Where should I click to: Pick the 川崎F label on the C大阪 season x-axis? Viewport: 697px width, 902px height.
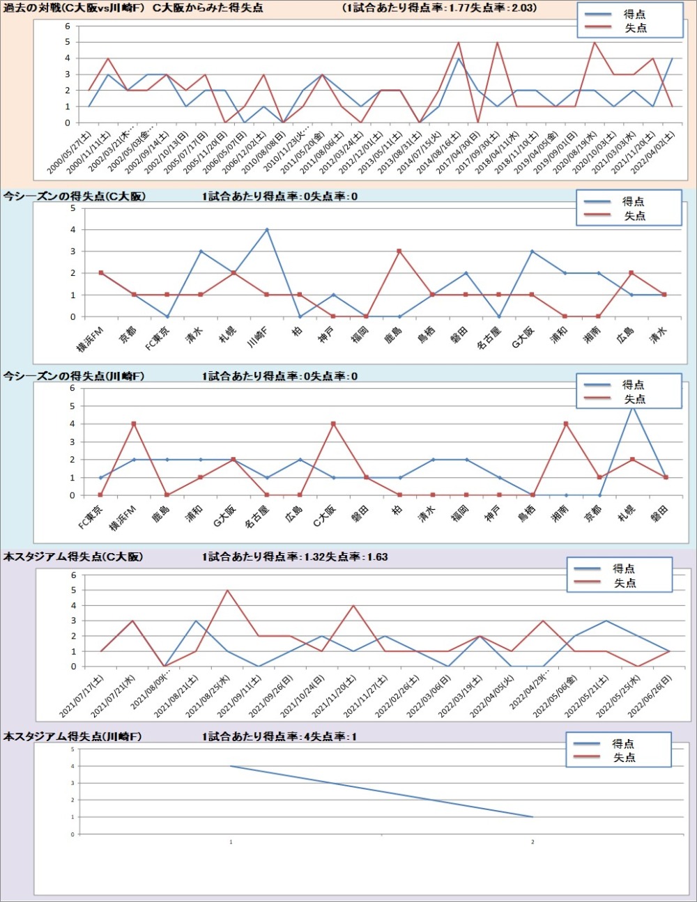[259, 337]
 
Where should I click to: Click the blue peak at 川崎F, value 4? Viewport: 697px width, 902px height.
[267, 230]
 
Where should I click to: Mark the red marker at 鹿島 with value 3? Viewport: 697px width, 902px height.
[399, 251]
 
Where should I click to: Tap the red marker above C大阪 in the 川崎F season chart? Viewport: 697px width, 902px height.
[333, 423]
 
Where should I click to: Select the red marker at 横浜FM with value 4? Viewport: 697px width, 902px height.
[134, 423]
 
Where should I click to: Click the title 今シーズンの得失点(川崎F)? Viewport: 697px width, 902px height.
[74, 376]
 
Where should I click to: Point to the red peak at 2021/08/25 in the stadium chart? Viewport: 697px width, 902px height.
[227, 591]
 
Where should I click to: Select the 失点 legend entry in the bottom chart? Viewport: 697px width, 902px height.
[624, 758]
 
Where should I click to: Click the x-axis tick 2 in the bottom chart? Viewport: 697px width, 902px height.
[533, 842]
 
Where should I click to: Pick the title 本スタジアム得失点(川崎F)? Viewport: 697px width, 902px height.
[72, 736]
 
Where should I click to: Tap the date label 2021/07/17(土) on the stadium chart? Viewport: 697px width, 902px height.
[82, 696]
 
